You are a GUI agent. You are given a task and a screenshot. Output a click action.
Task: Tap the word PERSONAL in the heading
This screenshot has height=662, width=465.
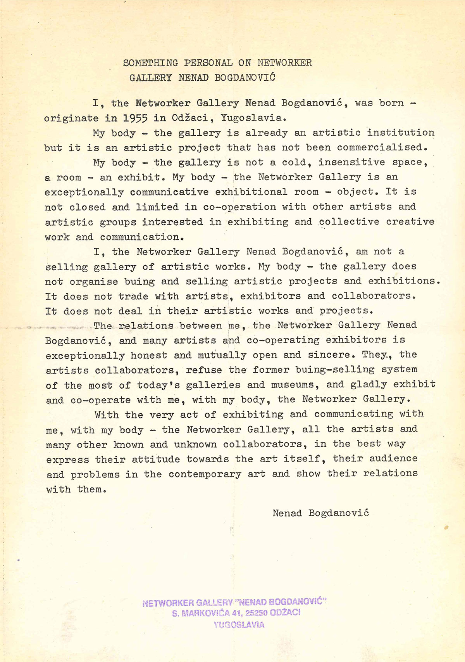[208, 63]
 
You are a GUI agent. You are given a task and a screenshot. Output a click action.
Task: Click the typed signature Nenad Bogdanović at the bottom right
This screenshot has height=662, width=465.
[320, 513]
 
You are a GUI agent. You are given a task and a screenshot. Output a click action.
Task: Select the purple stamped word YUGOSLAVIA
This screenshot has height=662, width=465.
[239, 625]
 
